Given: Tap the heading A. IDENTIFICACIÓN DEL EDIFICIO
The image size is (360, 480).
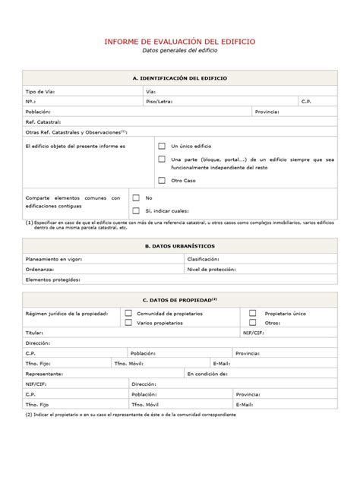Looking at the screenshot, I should tap(180, 78).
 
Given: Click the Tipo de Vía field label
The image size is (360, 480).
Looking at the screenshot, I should tap(40, 91).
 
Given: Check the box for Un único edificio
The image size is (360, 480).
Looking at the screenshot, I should tap(162, 145).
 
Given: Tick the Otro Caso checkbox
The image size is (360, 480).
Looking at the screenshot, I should tap(162, 180).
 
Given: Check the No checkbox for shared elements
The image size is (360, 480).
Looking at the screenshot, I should tap(136, 197).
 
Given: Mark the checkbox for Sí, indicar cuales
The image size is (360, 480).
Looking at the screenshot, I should tap(136, 210).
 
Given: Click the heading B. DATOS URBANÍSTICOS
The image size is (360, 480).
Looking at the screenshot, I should tap(180, 246).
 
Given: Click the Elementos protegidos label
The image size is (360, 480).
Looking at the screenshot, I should tap(52, 279).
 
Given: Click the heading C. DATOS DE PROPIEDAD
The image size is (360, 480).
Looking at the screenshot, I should tap(180, 299).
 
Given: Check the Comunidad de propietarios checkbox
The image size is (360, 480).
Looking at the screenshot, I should tap(128, 313).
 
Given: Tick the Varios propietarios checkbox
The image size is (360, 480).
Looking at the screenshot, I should tap(128, 323).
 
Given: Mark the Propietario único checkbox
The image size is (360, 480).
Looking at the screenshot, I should tap(253, 313).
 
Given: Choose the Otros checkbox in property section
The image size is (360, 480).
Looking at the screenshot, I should tap(253, 323).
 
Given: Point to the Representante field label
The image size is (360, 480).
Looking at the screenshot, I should tap(44, 374).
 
